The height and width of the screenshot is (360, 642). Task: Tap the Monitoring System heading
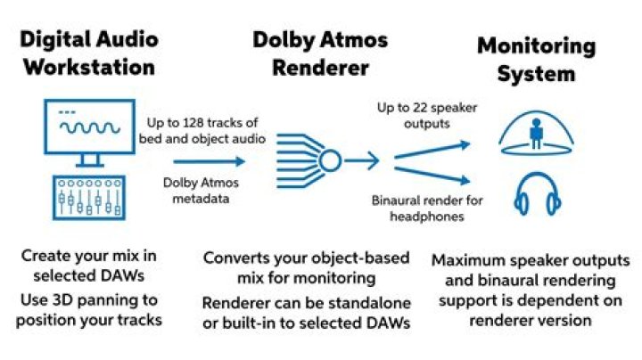click(x=536, y=58)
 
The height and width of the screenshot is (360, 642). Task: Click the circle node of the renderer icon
click(x=330, y=161)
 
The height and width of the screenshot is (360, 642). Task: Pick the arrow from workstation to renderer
click(x=208, y=161)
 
